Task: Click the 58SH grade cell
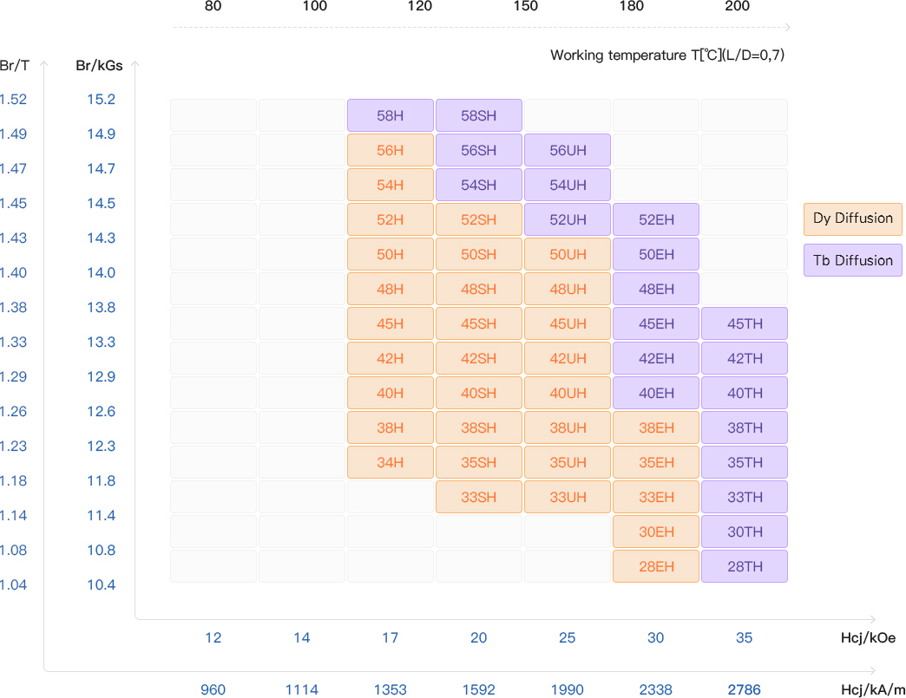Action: click(x=479, y=115)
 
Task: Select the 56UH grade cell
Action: click(x=568, y=150)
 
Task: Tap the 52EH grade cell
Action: click(x=656, y=219)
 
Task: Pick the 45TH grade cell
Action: click(x=745, y=323)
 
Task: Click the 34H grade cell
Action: click(x=391, y=462)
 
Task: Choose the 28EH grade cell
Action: click(x=656, y=566)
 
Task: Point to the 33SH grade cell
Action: click(x=479, y=497)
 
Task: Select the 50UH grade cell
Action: click(x=568, y=254)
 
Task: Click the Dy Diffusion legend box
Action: click(x=853, y=219)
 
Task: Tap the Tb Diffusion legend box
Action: click(x=853, y=260)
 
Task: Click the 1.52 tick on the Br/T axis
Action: click(x=13, y=100)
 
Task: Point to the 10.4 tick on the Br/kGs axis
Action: click(x=101, y=585)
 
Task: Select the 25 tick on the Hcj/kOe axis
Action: click(x=568, y=638)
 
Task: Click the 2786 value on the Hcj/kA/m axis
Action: click(x=744, y=690)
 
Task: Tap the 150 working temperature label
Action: click(x=525, y=7)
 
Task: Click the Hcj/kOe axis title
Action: click(x=868, y=638)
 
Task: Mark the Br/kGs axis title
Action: click(x=99, y=65)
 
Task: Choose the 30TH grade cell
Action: click(x=745, y=532)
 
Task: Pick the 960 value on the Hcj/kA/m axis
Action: click(x=213, y=690)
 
